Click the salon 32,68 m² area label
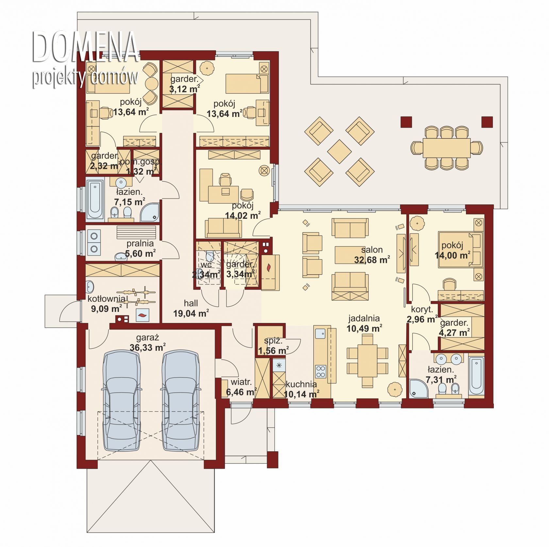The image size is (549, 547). tap(372, 255)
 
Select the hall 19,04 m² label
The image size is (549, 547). tap(191, 308)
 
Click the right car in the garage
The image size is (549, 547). tap(181, 401)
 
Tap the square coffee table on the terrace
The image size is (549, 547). tap(339, 152)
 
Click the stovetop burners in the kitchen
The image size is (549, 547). tap(321, 371)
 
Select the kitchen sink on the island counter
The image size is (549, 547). tap(320, 333)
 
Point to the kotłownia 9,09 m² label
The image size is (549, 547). tap(107, 303)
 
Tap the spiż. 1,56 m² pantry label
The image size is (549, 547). tap(273, 346)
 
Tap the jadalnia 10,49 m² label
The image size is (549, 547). tap(364, 323)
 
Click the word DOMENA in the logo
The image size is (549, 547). tap(85, 47)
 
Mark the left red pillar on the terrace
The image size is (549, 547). tap(406, 122)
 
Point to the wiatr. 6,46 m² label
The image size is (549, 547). tap(241, 387)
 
